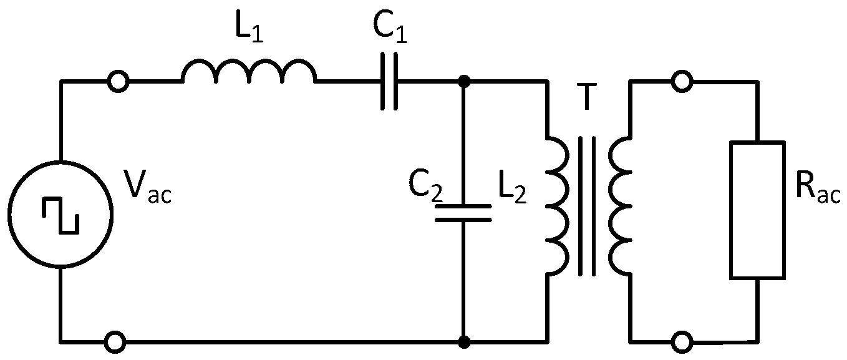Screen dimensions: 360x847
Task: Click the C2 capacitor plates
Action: (x=463, y=212)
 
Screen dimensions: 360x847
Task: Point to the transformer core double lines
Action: (x=586, y=206)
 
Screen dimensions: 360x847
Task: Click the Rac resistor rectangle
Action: (x=757, y=210)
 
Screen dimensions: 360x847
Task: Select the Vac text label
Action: (x=150, y=187)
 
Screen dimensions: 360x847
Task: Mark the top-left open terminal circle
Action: (x=117, y=81)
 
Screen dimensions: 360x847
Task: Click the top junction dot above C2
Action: (x=463, y=81)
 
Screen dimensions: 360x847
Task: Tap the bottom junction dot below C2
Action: (x=463, y=342)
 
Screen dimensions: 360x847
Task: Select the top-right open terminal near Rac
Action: (x=681, y=81)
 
